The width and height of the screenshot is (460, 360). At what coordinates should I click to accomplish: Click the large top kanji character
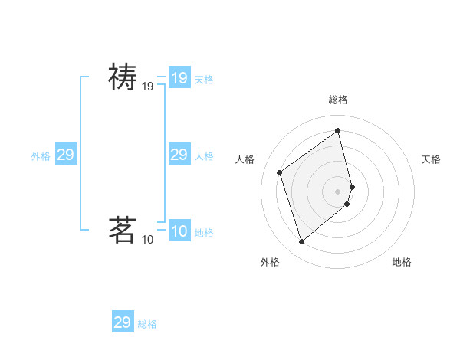[122, 77]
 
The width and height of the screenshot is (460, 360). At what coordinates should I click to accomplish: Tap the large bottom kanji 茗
[122, 229]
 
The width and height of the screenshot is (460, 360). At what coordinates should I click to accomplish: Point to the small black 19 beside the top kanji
[148, 87]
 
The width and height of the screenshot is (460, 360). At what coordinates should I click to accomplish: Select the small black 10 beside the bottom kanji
[148, 240]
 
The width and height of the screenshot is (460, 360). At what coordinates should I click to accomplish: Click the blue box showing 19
[179, 77]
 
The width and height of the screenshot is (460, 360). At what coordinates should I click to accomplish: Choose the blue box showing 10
[179, 231]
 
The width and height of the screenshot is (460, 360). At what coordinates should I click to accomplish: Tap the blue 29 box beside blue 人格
[179, 155]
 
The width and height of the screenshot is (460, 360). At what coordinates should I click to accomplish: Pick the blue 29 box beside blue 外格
[66, 155]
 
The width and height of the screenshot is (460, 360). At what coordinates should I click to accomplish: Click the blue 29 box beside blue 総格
[123, 322]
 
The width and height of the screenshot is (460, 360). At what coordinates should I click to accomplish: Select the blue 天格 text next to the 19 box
[204, 79]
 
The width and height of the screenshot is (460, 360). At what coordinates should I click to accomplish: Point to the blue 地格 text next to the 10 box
[204, 233]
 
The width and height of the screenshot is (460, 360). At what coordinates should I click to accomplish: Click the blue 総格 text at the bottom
[147, 324]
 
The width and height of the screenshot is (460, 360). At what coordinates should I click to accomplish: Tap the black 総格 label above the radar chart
[338, 100]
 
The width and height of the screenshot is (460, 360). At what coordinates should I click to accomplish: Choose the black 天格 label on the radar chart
[431, 159]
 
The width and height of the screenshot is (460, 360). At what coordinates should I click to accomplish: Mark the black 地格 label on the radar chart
[402, 262]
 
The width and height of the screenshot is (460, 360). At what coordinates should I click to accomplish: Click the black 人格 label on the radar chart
[245, 159]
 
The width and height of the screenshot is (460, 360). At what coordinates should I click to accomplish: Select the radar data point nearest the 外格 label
[302, 242]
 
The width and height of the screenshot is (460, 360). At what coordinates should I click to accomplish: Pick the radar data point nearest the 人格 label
[280, 172]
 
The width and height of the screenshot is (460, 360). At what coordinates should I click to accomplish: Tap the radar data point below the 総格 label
[338, 131]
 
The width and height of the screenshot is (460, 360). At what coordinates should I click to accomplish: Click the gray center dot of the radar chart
[338, 190]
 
